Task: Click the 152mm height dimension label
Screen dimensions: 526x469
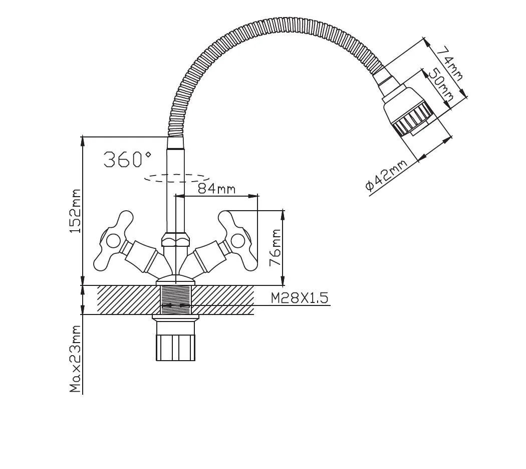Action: point(75,211)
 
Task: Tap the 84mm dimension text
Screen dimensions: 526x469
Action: point(216,189)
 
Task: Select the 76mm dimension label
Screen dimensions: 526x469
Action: point(276,248)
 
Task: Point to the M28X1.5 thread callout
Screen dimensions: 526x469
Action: point(299,298)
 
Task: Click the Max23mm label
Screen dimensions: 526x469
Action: point(75,359)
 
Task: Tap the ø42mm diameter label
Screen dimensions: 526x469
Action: point(386,176)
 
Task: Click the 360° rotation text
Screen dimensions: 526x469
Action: point(127,159)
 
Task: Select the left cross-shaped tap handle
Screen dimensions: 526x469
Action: point(113,241)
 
